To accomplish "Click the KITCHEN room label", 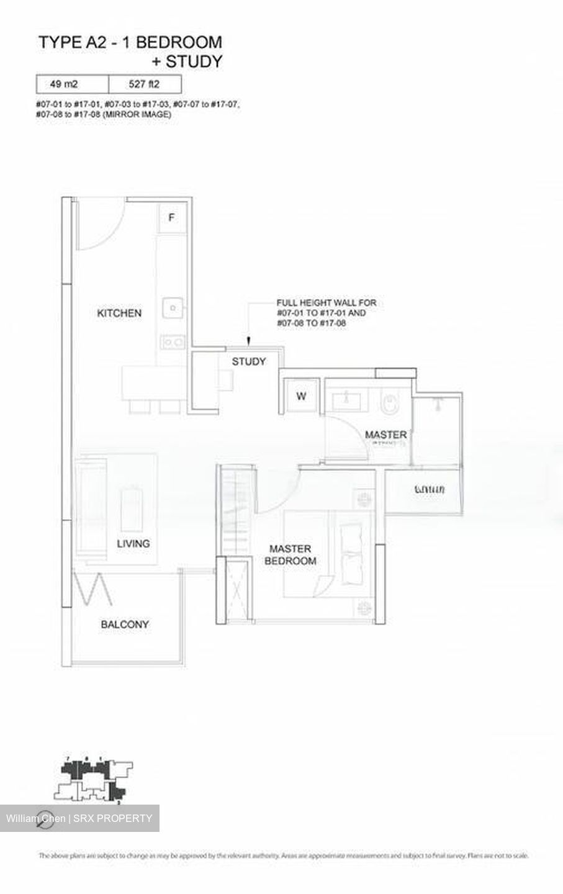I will click(x=119, y=313).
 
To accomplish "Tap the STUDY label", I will click(x=248, y=361).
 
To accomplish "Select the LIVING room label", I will click(x=133, y=543).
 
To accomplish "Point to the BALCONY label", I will click(x=125, y=624).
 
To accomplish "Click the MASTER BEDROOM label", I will click(x=290, y=554).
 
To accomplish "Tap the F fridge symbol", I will click(x=172, y=217).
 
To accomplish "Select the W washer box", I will click(x=301, y=396).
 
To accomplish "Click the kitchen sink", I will click(x=173, y=306).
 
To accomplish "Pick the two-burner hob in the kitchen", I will click(x=172, y=341).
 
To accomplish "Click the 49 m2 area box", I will click(x=72, y=84).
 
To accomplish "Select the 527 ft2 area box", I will click(x=145, y=84).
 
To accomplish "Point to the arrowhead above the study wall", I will click(x=248, y=340).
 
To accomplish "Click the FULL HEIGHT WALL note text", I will click(x=326, y=313).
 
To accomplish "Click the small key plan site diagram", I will click(x=93, y=780).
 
